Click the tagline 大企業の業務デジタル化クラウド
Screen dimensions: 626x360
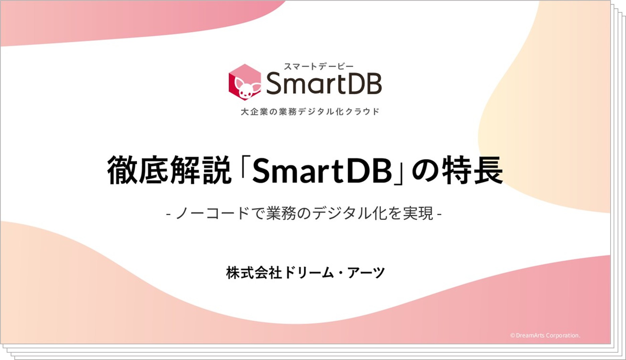[x=310, y=111]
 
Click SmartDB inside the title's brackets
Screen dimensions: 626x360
[x=322, y=171]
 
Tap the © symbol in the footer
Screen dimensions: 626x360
[x=513, y=335]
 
